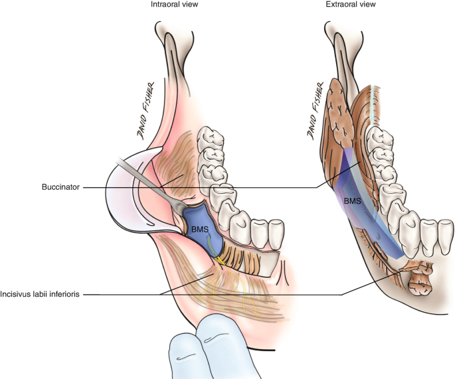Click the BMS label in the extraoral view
(x=351, y=198)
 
